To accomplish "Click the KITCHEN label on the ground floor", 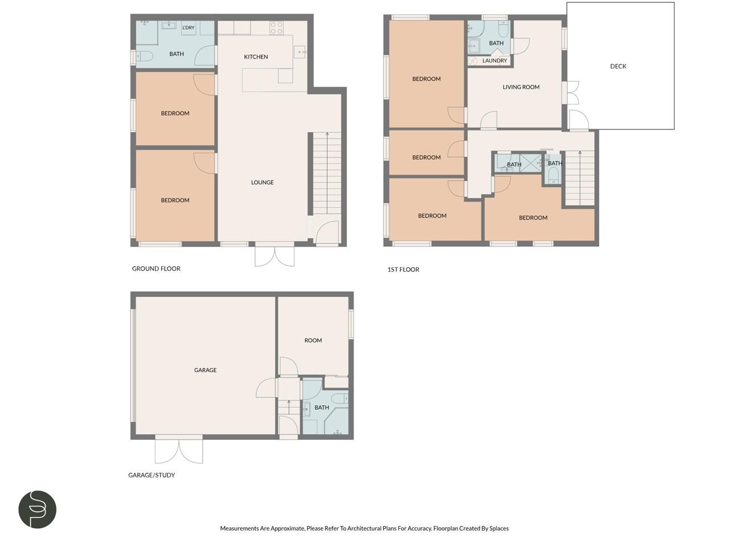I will (256, 57).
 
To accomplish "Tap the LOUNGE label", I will (262, 182).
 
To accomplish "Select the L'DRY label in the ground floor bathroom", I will (188, 28).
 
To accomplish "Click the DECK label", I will (618, 66).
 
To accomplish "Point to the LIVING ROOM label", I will (521, 87).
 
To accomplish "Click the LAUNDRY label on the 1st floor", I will (494, 60).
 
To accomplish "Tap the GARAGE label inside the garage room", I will (205, 370).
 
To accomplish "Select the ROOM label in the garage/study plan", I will (313, 340).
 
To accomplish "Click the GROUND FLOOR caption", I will (156, 268).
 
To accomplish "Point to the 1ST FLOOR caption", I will (403, 270).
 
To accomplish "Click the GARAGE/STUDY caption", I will (151, 475).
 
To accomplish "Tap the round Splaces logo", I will (38, 509).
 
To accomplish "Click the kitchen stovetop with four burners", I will (276, 28).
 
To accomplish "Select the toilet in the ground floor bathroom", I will (145, 56).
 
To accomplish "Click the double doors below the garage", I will (179, 450).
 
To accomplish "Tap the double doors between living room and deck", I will (572, 93).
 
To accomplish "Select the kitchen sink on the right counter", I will (300, 52).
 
